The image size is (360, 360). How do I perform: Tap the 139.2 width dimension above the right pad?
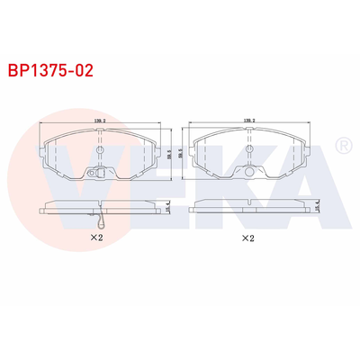246,120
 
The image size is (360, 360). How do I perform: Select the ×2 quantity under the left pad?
96,238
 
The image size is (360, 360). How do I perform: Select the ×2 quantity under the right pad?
246,238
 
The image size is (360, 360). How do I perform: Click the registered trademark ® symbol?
342,146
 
